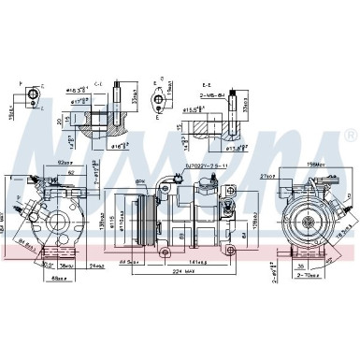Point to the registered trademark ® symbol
coord(349,137)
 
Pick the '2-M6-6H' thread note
coord(217,94)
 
